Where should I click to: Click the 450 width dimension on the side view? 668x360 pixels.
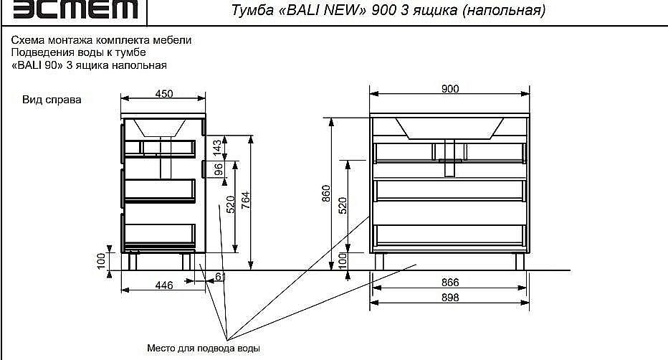click(x=164, y=94)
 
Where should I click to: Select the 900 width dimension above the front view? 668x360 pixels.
click(x=450, y=89)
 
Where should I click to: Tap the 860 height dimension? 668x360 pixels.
click(x=326, y=194)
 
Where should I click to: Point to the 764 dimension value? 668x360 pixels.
click(x=246, y=200)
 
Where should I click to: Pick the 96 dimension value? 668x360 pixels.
click(x=218, y=169)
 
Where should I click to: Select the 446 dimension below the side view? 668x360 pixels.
click(x=164, y=285)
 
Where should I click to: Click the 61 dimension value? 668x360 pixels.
click(x=220, y=277)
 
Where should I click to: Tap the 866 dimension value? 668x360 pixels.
click(x=450, y=283)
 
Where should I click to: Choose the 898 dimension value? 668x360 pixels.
click(x=450, y=298)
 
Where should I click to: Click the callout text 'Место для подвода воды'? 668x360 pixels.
click(x=204, y=348)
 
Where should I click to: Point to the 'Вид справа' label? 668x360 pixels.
click(x=52, y=100)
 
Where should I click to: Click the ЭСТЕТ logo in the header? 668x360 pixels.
click(x=75, y=9)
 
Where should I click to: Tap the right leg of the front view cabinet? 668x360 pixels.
click(x=520, y=261)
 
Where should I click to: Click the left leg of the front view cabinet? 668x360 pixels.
click(x=379, y=261)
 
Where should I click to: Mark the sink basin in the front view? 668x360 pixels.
click(x=449, y=128)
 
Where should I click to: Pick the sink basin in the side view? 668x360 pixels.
click(x=160, y=128)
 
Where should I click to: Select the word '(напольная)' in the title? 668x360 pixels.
click(x=504, y=10)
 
